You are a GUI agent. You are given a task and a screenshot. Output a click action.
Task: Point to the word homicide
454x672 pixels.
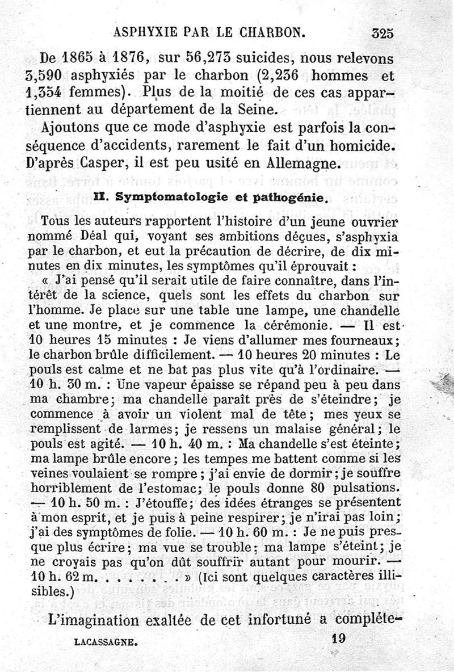click(363, 145)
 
